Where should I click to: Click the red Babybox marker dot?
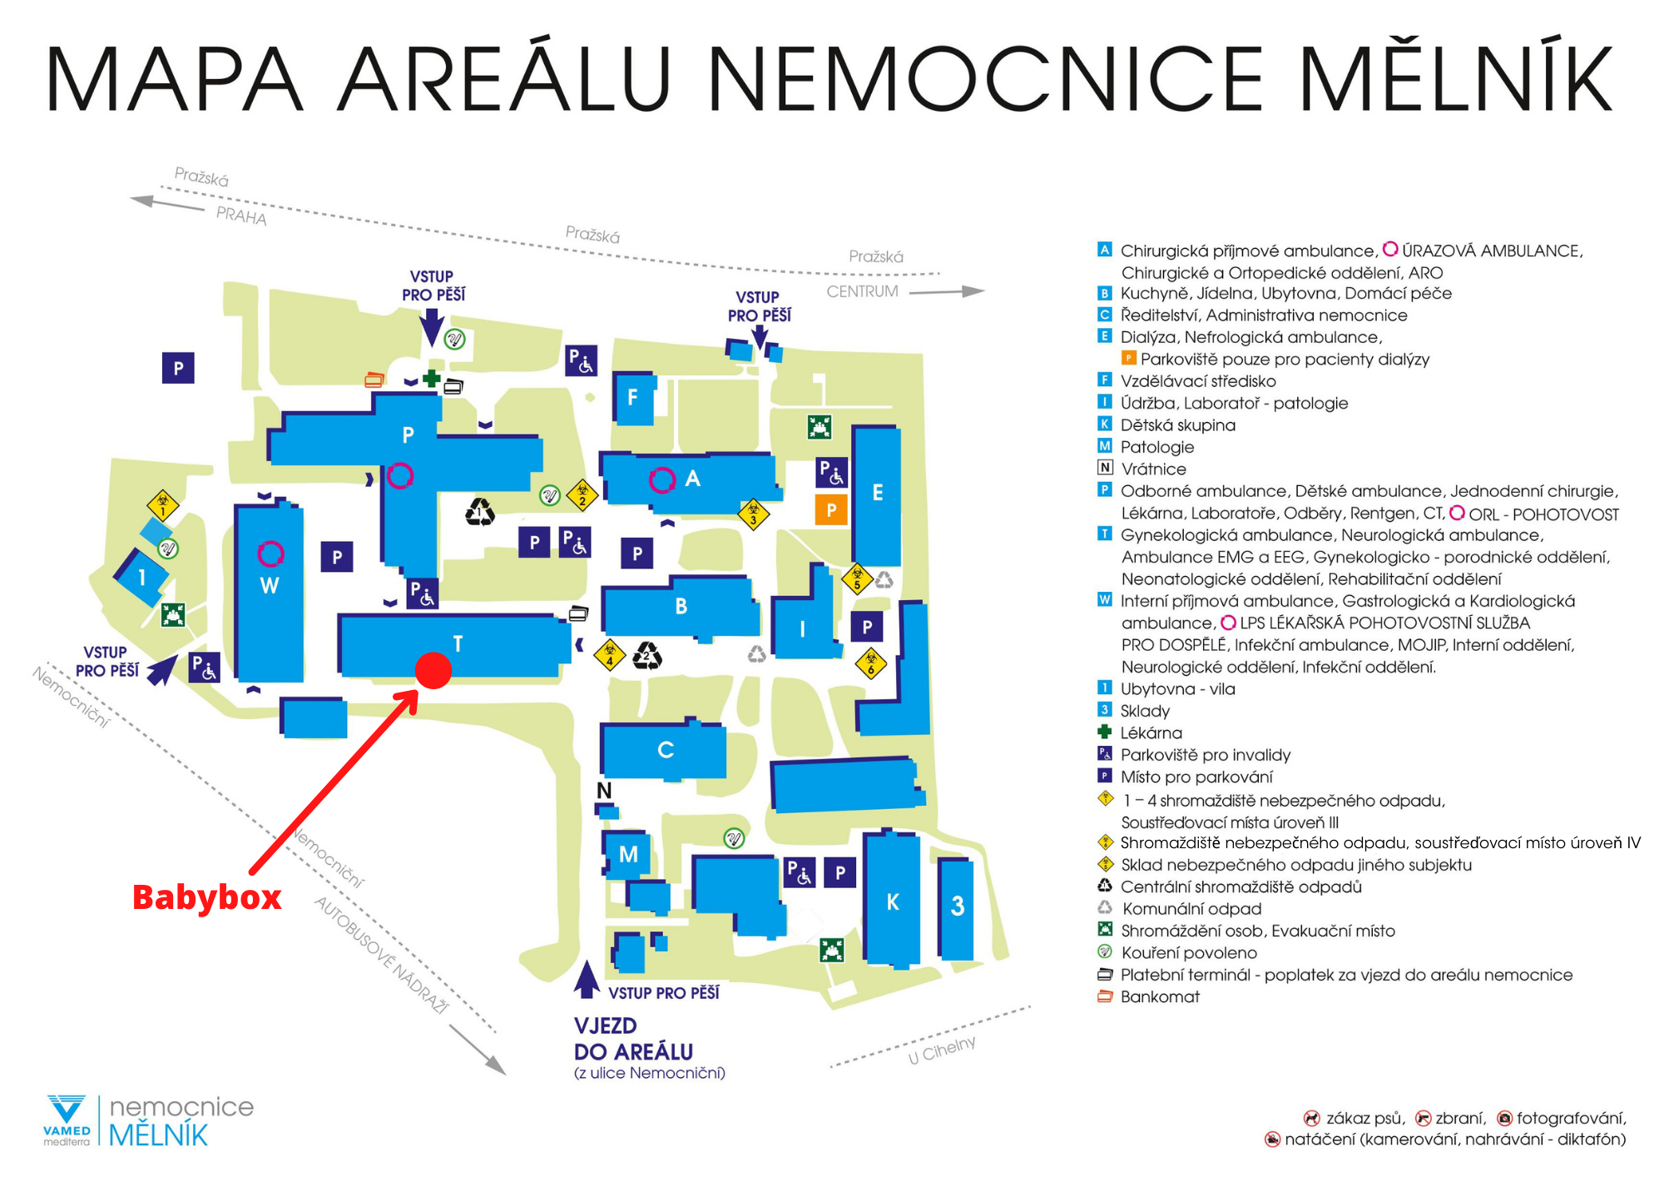pyautogui.click(x=433, y=670)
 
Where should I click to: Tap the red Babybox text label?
pyautogui.click(x=207, y=897)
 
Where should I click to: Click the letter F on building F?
pyautogui.click(x=632, y=398)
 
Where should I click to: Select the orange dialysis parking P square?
pyautogui.click(x=831, y=509)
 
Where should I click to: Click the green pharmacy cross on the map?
pyautogui.click(x=431, y=379)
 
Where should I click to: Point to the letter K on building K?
pyautogui.click(x=893, y=902)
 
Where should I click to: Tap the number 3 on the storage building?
pyautogui.click(x=958, y=906)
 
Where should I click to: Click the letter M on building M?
pyautogui.click(x=628, y=854)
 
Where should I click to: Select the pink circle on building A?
pyautogui.click(x=662, y=480)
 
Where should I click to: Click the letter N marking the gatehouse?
pyautogui.click(x=604, y=790)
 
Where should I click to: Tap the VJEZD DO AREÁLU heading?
pyautogui.click(x=633, y=1039)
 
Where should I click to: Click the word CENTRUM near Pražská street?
pyautogui.click(x=862, y=291)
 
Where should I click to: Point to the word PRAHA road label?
pyautogui.click(x=241, y=216)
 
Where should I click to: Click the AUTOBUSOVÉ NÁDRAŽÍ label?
pyautogui.click(x=381, y=955)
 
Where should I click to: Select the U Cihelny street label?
pyautogui.click(x=942, y=1050)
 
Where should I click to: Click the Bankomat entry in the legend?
pyautogui.click(x=1160, y=996)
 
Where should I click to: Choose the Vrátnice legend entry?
pyautogui.click(x=1153, y=469)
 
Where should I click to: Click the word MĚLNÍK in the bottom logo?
pyautogui.click(x=158, y=1135)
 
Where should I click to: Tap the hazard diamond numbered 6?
pyautogui.click(x=871, y=663)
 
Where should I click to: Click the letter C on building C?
pyautogui.click(x=666, y=750)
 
